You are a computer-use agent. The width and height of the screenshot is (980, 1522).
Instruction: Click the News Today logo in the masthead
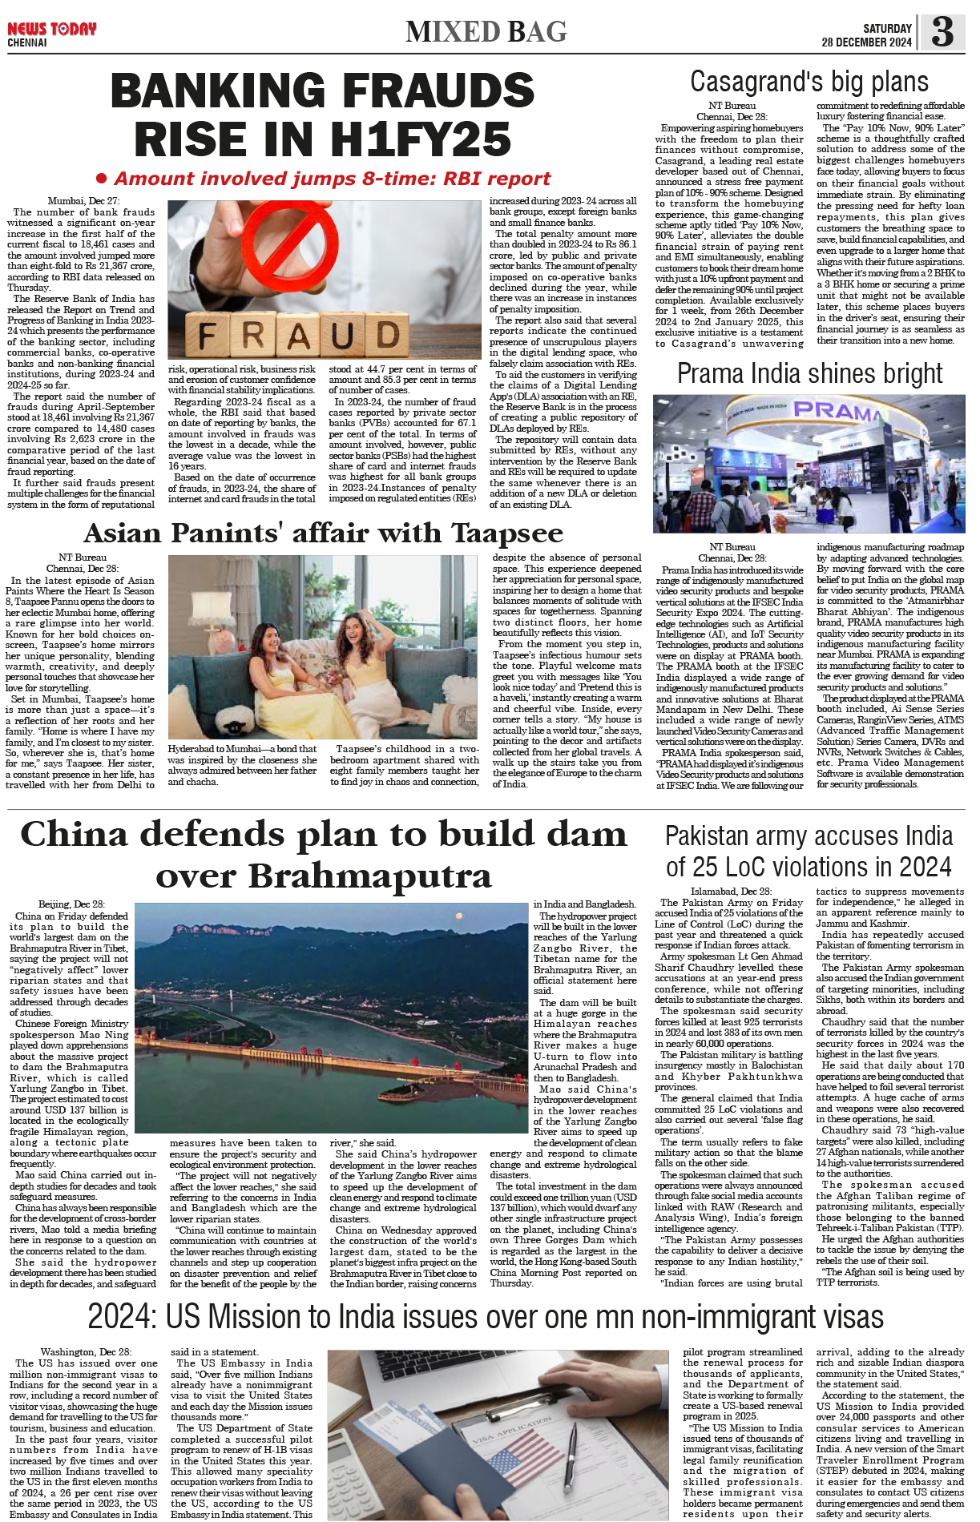tap(51, 30)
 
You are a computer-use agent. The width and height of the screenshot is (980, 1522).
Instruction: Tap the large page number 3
tap(942, 31)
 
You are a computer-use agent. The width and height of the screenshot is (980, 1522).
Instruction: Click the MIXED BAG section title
tap(486, 32)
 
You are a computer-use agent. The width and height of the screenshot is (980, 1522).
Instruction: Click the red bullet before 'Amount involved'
tap(101, 178)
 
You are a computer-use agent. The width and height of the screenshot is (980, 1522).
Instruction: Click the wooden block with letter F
tap(208, 334)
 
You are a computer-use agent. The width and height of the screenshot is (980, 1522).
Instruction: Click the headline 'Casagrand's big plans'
tap(809, 82)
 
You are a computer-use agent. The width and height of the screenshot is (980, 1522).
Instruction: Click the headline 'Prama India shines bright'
tap(809, 374)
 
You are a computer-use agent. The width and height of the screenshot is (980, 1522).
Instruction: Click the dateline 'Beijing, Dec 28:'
tap(71, 904)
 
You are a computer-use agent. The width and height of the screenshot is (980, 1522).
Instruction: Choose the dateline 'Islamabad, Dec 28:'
tap(731, 891)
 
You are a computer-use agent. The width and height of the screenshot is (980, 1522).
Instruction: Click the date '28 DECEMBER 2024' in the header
tap(866, 42)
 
